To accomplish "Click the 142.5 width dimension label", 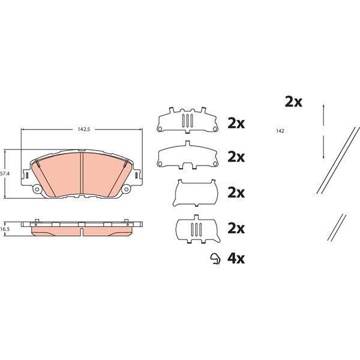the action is (x=84, y=130).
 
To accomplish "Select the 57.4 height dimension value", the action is (x=5, y=174).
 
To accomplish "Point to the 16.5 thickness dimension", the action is (x=5, y=229).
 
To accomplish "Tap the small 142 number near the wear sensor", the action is (x=280, y=131).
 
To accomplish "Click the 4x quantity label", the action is (x=236, y=259).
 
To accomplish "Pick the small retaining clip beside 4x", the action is (x=216, y=259).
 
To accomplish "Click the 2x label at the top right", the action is (x=293, y=102).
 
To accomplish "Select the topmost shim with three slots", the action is (x=187, y=120).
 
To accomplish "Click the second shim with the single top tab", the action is (x=187, y=155).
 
